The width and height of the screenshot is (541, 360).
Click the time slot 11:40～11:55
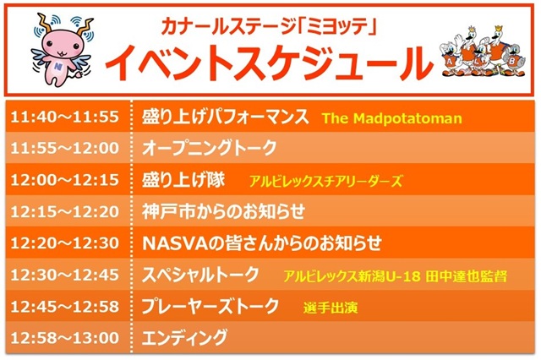point(65,117)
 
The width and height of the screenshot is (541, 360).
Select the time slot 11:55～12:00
point(65,148)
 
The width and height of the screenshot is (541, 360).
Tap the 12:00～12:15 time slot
point(65,180)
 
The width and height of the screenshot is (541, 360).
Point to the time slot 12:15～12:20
point(65,211)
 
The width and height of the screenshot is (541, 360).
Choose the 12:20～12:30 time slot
point(65,243)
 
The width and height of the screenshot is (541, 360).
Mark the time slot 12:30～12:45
point(65,275)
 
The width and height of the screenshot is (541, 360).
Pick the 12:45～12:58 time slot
point(65,307)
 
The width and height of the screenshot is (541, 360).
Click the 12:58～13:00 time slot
point(65,337)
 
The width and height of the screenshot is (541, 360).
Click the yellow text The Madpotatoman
point(392,118)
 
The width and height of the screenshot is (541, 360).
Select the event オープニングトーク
point(210,148)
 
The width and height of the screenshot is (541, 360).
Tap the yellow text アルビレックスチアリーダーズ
point(325,181)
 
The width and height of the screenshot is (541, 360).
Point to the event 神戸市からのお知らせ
point(223,211)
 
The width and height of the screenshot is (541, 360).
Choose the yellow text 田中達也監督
point(466,276)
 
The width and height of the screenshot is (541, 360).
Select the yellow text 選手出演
point(331,308)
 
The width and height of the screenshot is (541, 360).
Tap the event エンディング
point(185,337)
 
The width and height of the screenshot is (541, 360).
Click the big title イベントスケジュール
point(269,63)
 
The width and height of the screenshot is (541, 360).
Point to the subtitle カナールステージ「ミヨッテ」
point(269,26)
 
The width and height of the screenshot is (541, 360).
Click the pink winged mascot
point(62,50)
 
